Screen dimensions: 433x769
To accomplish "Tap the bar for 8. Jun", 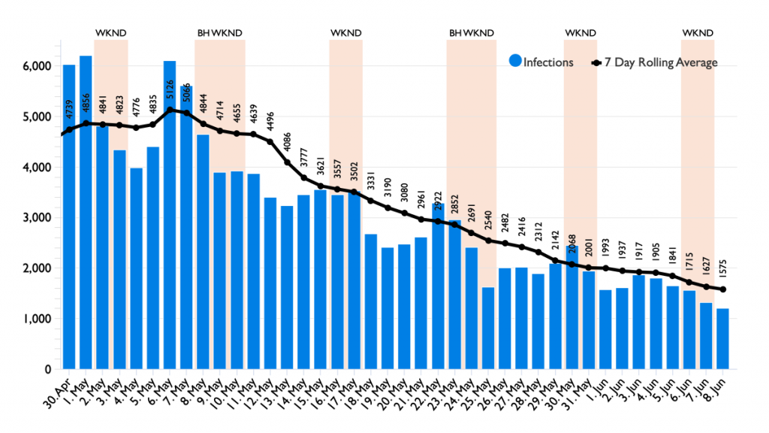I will [722, 338].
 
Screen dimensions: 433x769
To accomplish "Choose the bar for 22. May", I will [438, 286].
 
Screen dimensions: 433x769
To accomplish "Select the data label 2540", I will [488, 223].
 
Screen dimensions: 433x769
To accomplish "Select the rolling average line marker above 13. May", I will [287, 162].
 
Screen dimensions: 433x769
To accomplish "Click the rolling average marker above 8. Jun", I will [722, 289].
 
